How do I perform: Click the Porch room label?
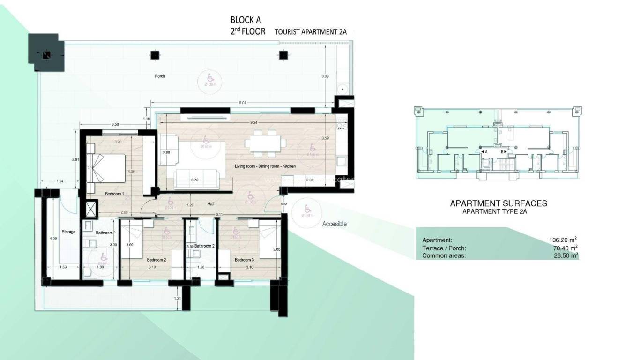coord(160,76)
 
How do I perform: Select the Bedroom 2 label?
coord(156,260)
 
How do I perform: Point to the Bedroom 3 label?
coord(244,260)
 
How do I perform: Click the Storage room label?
coord(68,232)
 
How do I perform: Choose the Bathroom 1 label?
coord(104,232)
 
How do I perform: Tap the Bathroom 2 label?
coord(204,246)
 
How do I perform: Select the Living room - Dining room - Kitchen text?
coord(265,166)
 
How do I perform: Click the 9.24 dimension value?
coord(254,122)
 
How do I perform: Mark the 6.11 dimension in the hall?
coord(219,214)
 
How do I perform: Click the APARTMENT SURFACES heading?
coord(499,203)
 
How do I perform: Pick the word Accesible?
coord(335,224)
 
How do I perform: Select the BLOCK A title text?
coord(246,20)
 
